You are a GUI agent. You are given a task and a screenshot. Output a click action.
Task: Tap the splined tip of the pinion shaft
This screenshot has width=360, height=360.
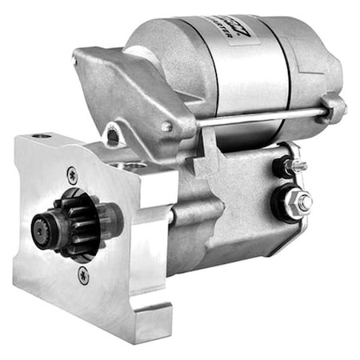point(42,229)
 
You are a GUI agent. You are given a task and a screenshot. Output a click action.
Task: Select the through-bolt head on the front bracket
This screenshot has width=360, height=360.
point(166,126)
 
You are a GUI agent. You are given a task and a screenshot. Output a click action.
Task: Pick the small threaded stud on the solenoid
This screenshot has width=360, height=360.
point(298,166)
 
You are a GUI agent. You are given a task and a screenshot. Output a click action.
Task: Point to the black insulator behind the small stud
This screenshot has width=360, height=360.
point(282,167)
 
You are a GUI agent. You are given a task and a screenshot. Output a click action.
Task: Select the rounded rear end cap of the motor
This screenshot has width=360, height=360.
point(320,60)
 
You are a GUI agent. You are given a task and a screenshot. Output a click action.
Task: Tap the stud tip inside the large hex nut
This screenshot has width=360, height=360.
point(305,203)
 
